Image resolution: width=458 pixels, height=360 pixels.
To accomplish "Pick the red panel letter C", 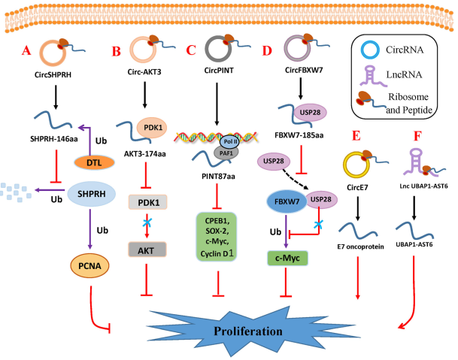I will [191, 52].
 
